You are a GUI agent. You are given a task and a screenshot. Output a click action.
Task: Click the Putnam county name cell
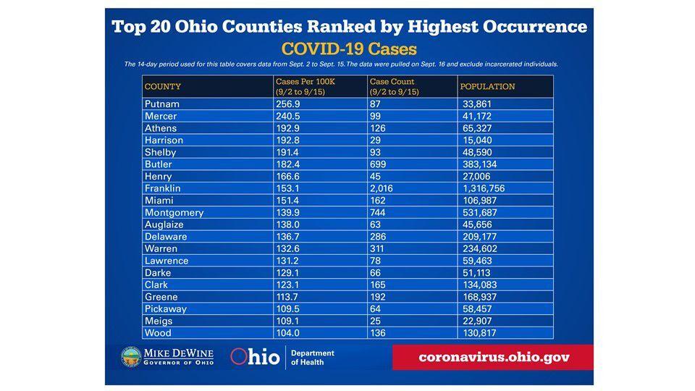click(x=161, y=104)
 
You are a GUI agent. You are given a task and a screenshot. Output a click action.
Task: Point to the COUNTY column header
click(x=163, y=87)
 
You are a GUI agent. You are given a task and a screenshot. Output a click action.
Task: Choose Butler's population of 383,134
click(x=481, y=164)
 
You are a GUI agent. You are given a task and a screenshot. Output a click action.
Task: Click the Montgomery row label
click(x=174, y=213)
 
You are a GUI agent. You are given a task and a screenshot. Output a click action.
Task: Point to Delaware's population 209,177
click(x=481, y=237)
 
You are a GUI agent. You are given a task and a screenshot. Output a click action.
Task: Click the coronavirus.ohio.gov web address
click(x=494, y=357)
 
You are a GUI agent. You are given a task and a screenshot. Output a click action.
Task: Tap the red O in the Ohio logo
click(x=240, y=357)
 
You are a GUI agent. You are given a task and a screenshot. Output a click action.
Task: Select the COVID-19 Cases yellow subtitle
click(x=349, y=49)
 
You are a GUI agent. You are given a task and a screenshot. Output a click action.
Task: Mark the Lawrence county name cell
click(x=167, y=261)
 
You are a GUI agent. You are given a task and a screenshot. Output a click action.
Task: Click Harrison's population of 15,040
click(x=479, y=140)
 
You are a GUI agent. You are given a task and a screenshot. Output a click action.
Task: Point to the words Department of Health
click(x=313, y=357)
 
